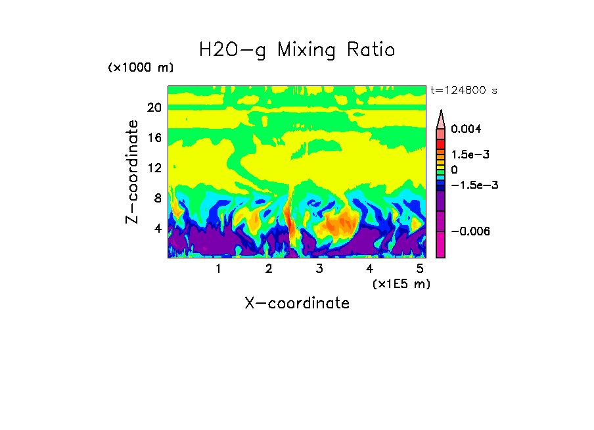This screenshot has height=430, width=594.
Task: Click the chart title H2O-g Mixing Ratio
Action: [297, 50]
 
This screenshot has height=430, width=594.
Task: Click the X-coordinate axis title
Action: [297, 303]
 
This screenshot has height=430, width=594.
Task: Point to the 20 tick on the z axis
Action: [154, 108]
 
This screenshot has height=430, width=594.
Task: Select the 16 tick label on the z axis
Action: [154, 138]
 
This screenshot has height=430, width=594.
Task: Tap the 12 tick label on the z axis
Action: [154, 168]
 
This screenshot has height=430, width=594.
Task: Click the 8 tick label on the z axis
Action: [158, 199]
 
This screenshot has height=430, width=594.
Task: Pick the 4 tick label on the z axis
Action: [158, 229]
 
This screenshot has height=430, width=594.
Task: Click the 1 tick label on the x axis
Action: [218, 268]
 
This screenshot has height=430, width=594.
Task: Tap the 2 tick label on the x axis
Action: [269, 268]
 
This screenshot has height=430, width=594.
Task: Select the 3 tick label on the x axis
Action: [319, 268]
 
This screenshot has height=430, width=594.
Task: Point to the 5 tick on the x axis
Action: [420, 268]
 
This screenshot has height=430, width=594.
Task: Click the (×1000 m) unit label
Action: [140, 68]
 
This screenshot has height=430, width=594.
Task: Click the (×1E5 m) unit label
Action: [401, 283]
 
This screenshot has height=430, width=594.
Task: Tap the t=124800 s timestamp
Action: [463, 90]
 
